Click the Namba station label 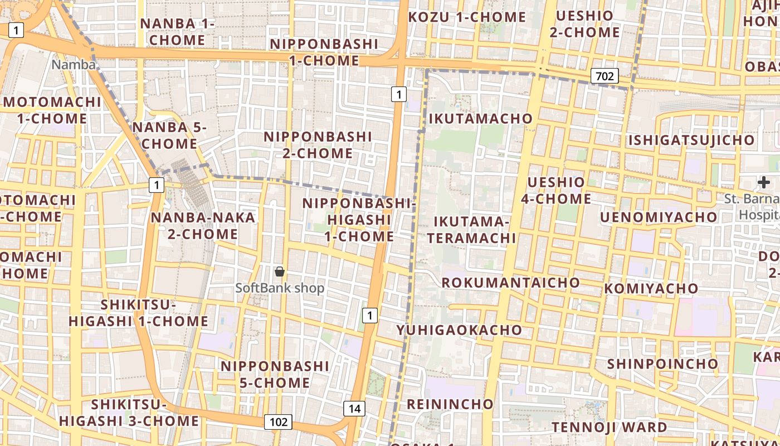(74, 65)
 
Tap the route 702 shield (604, 75)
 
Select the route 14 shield (354, 409)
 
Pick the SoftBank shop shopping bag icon (280, 272)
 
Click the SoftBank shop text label (280, 288)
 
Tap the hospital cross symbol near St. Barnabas (763, 182)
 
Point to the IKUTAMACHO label (480, 119)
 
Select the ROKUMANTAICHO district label (510, 283)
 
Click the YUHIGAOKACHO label (459, 330)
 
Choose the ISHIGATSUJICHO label (691, 140)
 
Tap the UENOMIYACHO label (659, 217)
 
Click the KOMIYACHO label (651, 289)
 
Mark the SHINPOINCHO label (662, 364)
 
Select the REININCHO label (450, 404)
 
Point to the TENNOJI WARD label (609, 428)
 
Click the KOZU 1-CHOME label (467, 17)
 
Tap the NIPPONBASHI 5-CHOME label (275, 374)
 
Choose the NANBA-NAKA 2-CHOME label (203, 226)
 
